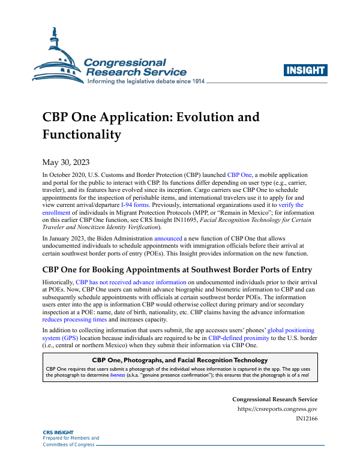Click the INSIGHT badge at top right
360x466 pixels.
[x=306, y=70]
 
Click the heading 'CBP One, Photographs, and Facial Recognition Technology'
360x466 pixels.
[x=179, y=359]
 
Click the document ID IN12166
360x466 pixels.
[x=307, y=420]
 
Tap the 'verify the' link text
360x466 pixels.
[x=291, y=205]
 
